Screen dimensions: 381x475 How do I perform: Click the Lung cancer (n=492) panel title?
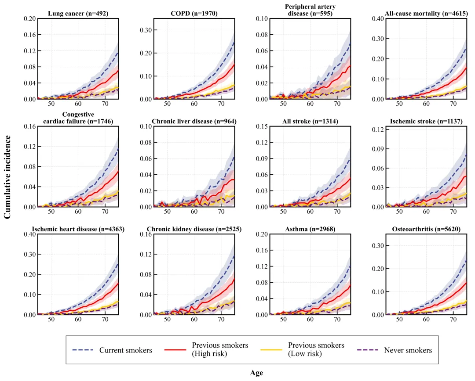[x=78, y=14]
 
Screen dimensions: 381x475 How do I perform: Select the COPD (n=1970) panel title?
[x=194, y=14]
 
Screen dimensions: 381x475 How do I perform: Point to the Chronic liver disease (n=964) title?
[x=194, y=121]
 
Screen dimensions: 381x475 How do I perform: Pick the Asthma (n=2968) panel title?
[x=311, y=229]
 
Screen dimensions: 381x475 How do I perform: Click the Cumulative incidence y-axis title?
[x=7, y=176]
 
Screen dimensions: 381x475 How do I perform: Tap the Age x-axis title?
[x=256, y=373]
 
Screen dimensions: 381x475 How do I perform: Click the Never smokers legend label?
[x=408, y=350]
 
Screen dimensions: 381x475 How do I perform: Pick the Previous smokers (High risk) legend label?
[x=220, y=350]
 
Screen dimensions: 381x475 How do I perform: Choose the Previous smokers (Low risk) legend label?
[x=316, y=350]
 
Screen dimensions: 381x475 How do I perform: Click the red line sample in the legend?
[x=175, y=350]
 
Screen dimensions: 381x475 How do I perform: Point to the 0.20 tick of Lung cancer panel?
[x=29, y=19]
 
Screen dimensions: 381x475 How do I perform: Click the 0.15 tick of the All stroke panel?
[x=262, y=126]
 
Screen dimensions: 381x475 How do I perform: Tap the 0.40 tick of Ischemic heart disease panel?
[x=29, y=234]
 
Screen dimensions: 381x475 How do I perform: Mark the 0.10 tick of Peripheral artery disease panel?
[x=262, y=19]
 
